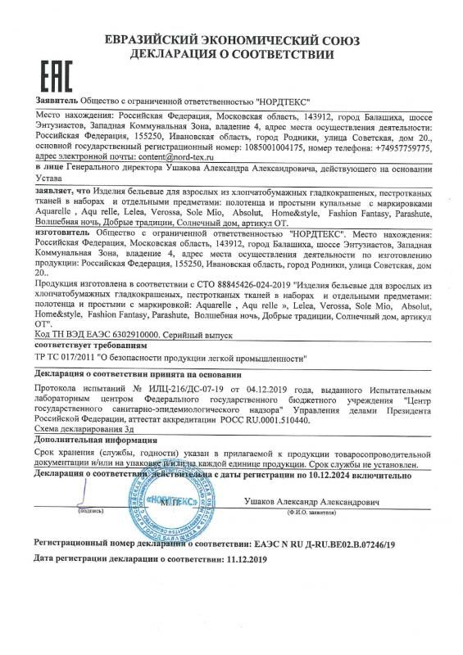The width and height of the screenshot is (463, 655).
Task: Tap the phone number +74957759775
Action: tap(406, 145)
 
